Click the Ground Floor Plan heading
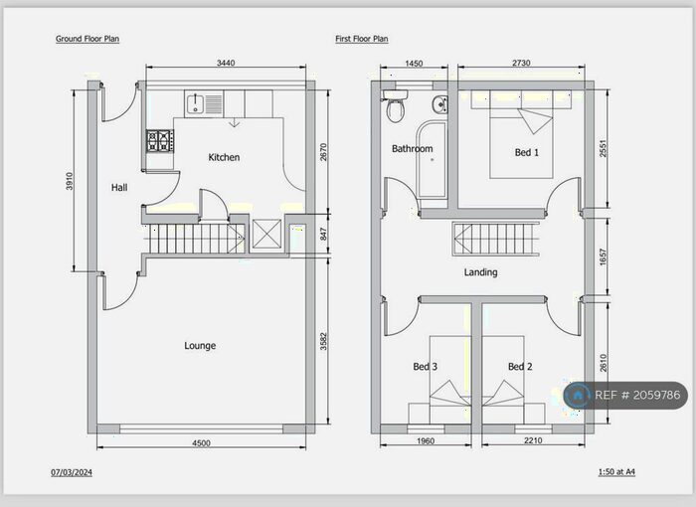click(x=87, y=39)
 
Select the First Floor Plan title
click(x=362, y=39)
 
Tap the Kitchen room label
click(x=224, y=157)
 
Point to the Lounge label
click(x=200, y=345)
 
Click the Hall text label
click(x=119, y=188)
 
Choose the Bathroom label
click(x=413, y=149)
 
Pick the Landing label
click(x=480, y=272)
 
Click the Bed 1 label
click(x=527, y=153)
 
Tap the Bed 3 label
click(x=426, y=367)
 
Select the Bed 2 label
click(x=520, y=367)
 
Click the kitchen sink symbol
click(x=204, y=104)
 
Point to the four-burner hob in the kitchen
click(x=160, y=141)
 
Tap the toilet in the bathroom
click(x=395, y=105)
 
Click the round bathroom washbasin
click(x=439, y=104)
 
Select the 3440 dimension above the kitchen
click(x=226, y=63)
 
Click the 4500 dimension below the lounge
click(x=201, y=443)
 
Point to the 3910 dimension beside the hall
click(x=70, y=181)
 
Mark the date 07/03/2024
click(x=72, y=472)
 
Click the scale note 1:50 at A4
click(x=616, y=472)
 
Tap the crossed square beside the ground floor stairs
click(x=266, y=234)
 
